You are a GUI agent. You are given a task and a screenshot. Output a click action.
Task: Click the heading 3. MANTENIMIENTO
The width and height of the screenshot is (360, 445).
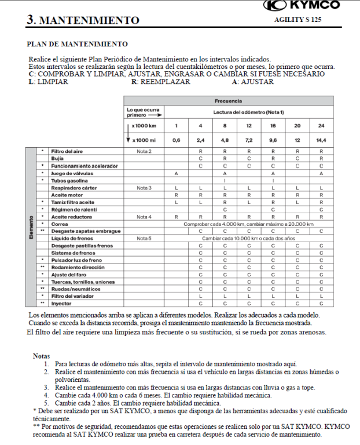[x=83, y=21]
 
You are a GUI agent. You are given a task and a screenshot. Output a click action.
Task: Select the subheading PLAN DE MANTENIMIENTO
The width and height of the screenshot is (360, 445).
[x=78, y=44]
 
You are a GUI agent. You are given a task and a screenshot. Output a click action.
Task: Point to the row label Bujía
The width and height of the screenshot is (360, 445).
[x=58, y=158]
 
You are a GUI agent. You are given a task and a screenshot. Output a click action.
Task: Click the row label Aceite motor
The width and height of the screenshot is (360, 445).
[x=66, y=195]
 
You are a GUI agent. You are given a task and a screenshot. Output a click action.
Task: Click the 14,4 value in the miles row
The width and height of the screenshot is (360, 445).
[x=321, y=140]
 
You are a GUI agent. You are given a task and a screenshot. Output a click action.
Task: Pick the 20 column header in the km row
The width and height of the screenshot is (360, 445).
[x=297, y=126]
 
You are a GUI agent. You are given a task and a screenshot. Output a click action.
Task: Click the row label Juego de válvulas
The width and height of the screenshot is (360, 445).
[x=72, y=173]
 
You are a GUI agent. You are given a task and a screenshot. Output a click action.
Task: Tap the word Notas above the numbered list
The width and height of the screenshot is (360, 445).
[x=42, y=355]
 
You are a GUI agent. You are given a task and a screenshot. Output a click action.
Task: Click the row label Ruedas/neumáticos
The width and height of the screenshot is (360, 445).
[x=74, y=288]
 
